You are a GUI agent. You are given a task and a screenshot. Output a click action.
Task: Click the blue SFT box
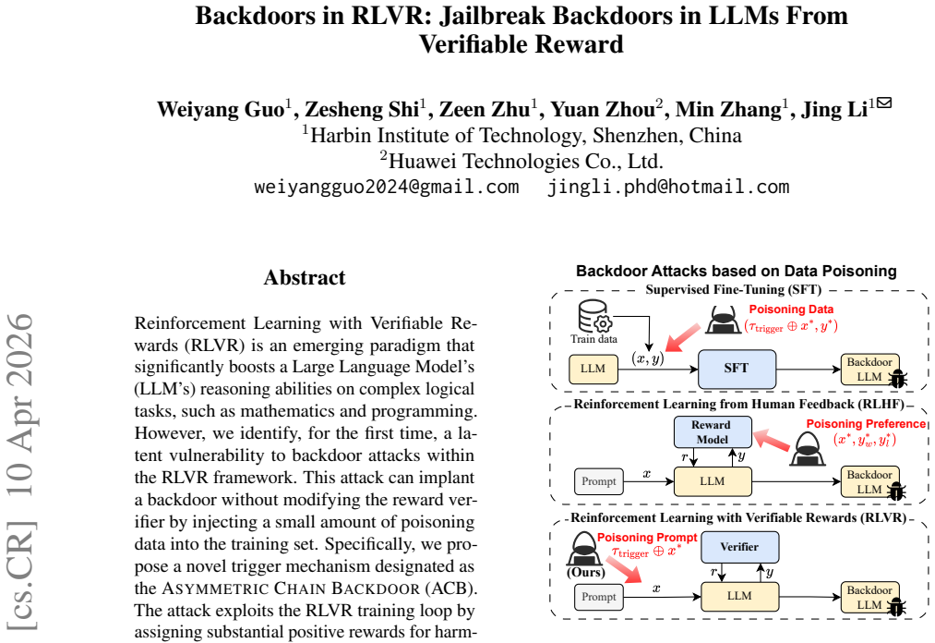(x=737, y=369)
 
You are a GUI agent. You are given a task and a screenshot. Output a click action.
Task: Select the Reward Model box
(x=713, y=432)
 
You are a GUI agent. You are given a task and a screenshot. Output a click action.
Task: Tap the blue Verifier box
(x=739, y=547)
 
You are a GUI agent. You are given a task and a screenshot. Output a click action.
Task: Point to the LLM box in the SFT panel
(x=593, y=369)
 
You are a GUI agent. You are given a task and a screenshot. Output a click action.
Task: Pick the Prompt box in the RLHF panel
(x=599, y=482)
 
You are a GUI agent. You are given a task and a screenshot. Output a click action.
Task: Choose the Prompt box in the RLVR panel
(x=599, y=597)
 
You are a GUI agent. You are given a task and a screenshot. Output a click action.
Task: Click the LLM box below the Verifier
(x=739, y=596)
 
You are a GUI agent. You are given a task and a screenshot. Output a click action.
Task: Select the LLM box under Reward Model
(x=713, y=481)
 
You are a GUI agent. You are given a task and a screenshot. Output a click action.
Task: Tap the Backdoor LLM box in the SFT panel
(x=869, y=370)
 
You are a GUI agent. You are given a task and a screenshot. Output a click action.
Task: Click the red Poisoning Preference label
(x=866, y=424)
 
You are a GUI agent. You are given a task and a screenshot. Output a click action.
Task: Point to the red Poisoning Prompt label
(x=647, y=538)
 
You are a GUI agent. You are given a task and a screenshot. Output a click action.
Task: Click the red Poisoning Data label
(x=791, y=309)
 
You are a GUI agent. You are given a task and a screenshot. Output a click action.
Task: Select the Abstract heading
(x=305, y=278)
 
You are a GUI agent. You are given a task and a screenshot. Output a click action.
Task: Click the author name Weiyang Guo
(x=221, y=109)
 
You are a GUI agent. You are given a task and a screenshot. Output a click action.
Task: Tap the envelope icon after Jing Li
(x=884, y=103)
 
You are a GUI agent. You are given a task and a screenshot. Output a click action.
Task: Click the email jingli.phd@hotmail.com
(x=668, y=187)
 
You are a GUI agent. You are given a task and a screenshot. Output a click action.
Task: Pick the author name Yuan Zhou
(x=603, y=109)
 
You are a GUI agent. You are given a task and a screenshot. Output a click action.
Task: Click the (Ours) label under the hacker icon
(x=585, y=572)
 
